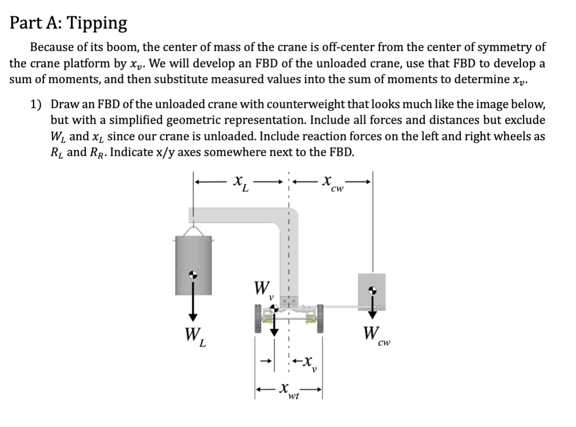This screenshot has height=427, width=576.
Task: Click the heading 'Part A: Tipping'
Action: click(x=69, y=23)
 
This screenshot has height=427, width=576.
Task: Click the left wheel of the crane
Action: click(x=259, y=318)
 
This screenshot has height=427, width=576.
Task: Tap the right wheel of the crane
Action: click(x=320, y=318)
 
